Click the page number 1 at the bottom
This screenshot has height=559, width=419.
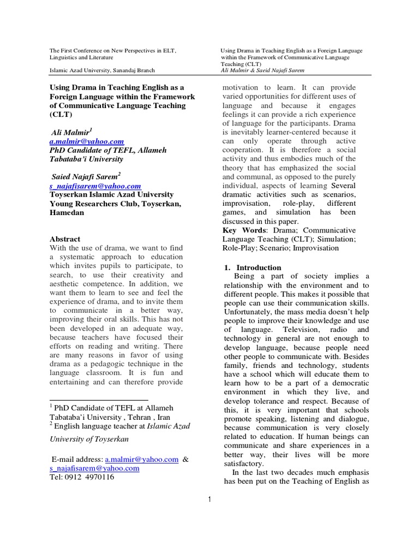(208, 499)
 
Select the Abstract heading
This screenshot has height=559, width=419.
(65, 239)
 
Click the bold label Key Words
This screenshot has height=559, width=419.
(243, 230)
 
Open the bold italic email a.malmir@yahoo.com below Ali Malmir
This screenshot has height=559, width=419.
(87, 141)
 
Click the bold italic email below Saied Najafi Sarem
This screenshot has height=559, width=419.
(95, 186)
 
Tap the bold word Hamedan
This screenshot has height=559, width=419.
(67, 212)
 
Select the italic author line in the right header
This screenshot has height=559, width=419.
(262, 70)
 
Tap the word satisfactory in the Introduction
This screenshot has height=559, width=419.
(244, 463)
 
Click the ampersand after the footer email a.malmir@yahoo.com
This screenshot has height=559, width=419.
(185, 460)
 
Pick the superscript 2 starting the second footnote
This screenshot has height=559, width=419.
(51, 424)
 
